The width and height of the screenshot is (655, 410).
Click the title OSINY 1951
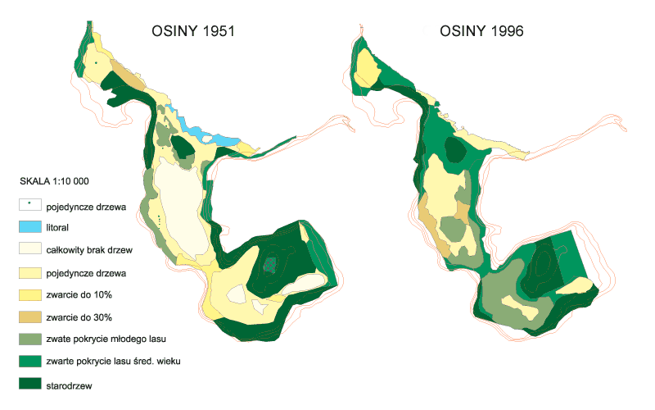pos(193,31)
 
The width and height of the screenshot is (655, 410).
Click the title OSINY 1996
pos(481,31)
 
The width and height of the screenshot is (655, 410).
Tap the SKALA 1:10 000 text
pos(54,181)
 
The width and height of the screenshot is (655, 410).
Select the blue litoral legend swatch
pos(30,227)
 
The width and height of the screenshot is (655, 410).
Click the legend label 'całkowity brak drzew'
pos(89,250)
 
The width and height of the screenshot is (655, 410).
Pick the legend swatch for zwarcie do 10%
pos(30,295)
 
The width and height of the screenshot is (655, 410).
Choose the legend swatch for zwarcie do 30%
pos(30,317)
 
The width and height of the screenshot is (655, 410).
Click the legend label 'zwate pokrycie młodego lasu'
pos(106,339)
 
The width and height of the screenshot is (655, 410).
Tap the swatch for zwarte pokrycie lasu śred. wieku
pos(30,361)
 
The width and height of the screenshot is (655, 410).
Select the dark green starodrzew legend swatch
pos(30,384)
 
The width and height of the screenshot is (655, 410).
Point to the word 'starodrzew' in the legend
pos(69,385)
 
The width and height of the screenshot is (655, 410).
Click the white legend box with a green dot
pos(30,204)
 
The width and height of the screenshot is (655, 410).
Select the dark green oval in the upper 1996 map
pos(455,149)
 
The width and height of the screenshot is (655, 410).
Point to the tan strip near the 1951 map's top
pos(128,75)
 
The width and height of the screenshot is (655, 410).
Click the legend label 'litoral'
pos(57,228)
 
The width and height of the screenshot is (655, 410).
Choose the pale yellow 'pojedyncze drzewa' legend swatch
pos(30,273)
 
